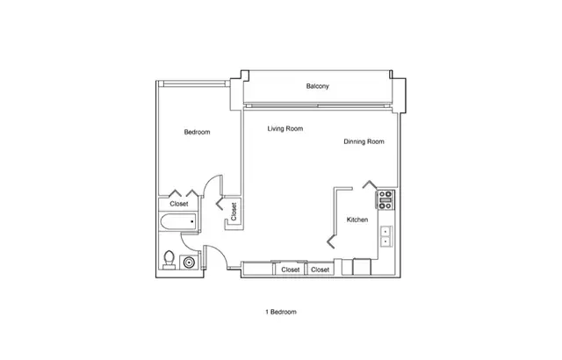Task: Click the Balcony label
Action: coord(318,86)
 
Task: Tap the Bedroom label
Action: coord(197,133)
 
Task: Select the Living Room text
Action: coord(285,129)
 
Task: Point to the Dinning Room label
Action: coord(364,141)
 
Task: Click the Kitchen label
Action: coord(357,220)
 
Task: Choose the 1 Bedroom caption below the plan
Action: coord(281,312)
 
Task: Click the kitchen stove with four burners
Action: coord(385,200)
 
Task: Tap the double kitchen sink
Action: coord(385,235)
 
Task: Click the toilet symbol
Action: coord(169,259)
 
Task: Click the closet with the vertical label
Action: coord(234,212)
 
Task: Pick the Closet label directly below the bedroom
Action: coord(179,204)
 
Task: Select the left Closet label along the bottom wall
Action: coord(289,270)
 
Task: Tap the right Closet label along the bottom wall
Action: coord(321,270)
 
